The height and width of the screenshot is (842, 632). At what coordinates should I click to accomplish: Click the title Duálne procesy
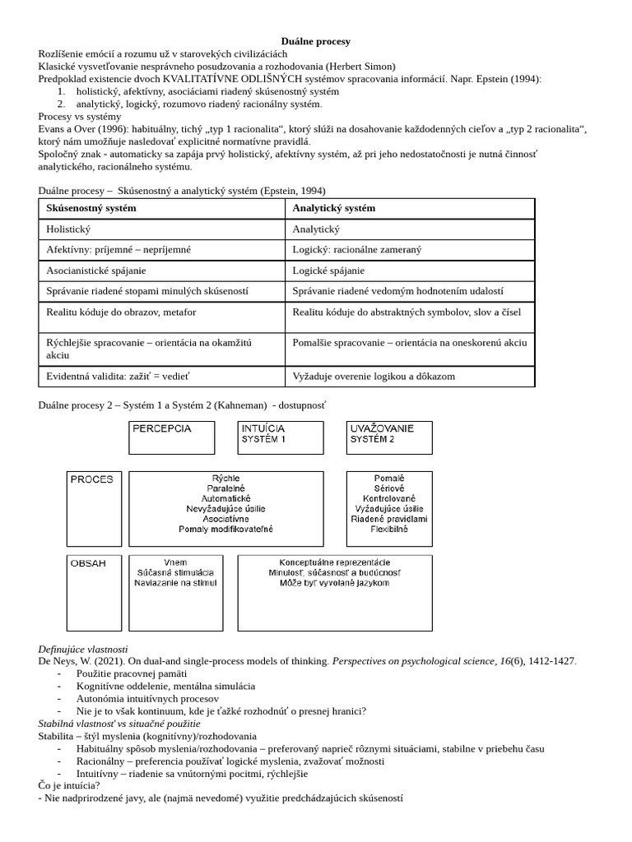tap(315, 41)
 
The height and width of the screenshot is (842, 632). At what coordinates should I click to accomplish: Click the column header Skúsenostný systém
tap(91, 208)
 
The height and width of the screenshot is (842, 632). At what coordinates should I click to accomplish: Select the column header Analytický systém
tap(333, 208)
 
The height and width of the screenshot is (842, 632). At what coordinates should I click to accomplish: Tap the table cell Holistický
tap(69, 229)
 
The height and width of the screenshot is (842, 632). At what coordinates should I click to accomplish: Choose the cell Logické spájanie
tap(328, 270)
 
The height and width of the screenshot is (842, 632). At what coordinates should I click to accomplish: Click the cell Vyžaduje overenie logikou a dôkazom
tap(374, 377)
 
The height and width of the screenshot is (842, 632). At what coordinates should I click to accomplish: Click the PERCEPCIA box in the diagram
tap(171, 437)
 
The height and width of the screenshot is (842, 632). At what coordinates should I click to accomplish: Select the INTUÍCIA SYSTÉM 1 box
tap(279, 437)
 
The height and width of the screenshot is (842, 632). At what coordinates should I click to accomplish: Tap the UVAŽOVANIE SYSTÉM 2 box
tap(389, 437)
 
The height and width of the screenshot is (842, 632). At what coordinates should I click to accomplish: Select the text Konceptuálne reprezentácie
tap(334, 562)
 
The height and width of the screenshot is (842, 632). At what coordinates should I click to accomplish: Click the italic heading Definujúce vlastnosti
tap(83, 649)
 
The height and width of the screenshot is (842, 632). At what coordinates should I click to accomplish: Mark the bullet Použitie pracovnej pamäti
tap(131, 673)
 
